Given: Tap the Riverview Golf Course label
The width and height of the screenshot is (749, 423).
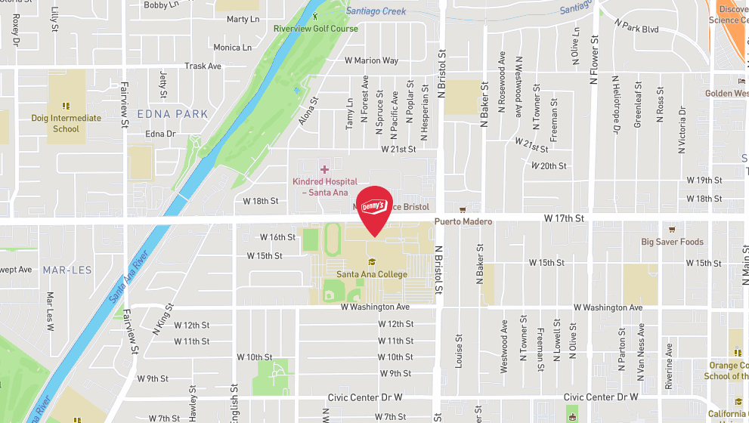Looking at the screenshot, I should click(316, 29).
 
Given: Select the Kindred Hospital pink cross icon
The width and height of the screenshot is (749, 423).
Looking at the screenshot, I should click(325, 170).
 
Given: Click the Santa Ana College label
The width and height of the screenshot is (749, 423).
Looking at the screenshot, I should click(372, 274).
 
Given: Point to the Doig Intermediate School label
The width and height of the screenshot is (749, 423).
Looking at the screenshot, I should click(66, 123).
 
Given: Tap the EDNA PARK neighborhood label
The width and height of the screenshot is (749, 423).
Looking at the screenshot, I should click(172, 114).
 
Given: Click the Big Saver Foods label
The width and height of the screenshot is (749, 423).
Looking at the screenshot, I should click(672, 242).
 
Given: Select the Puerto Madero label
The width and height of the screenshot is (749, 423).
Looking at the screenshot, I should click(463, 221).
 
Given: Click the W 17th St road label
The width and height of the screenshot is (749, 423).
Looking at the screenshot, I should click(565, 218).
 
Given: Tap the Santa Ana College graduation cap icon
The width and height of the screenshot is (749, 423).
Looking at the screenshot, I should click(371, 262).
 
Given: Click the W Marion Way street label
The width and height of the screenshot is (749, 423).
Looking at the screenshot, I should click(371, 60).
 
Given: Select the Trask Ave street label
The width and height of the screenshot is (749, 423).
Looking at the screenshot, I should click(203, 66).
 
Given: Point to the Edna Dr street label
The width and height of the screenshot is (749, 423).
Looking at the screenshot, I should click(160, 134).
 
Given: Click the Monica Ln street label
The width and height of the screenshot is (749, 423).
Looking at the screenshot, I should click(232, 48).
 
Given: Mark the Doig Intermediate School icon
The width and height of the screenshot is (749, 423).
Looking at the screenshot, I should click(66, 107).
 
